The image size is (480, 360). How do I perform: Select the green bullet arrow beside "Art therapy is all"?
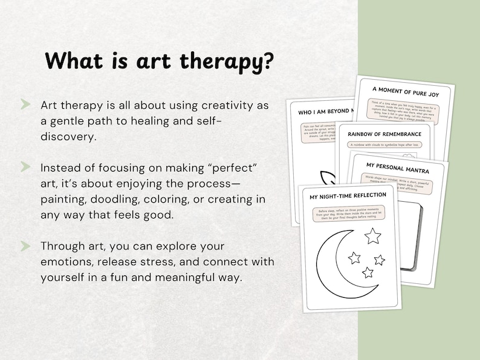coord(25,105)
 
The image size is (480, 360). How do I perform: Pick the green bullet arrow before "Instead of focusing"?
coord(25,166)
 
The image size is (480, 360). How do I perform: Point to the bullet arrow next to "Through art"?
coord(25,246)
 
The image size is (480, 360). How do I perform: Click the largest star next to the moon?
coord(373,235)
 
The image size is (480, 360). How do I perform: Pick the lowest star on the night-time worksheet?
coord(368,272)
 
